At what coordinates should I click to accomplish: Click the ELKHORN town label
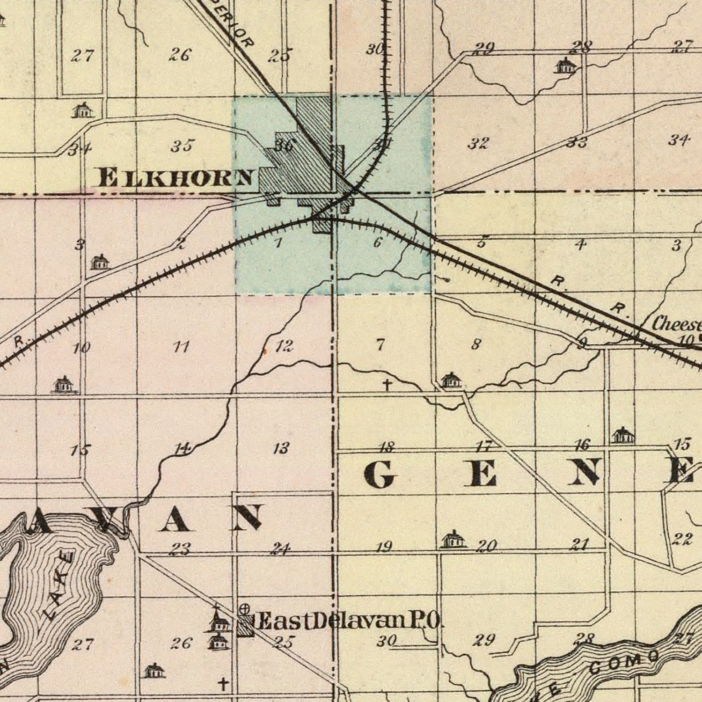(x=176, y=178)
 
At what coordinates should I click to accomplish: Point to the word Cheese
(x=676, y=323)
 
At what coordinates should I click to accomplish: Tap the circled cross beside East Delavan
(x=244, y=609)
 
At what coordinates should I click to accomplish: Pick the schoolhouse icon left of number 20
(x=453, y=539)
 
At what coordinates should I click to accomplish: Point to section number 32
(x=478, y=143)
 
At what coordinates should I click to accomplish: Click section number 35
(x=182, y=146)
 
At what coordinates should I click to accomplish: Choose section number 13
(x=281, y=448)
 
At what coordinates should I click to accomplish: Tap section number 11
(x=181, y=347)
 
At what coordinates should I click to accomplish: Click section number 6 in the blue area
(x=378, y=242)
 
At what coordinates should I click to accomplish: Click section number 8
(x=475, y=344)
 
